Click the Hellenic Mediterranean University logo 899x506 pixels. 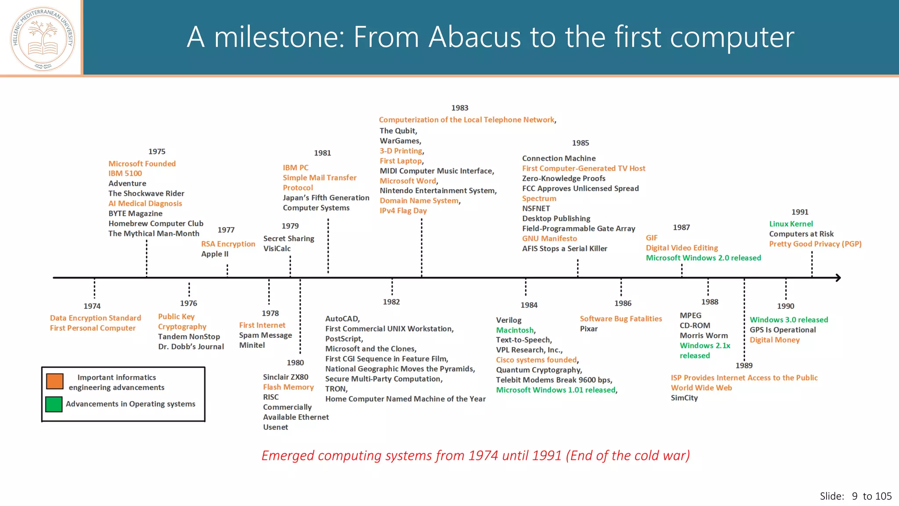pos(43,39)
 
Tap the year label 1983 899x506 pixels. pos(460,108)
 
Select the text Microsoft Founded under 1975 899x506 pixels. pos(142,164)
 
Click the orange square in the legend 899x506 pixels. pos(55,381)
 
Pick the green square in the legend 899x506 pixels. pos(54,404)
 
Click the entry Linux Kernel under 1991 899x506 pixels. pos(791,224)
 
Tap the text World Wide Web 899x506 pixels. pos(701,388)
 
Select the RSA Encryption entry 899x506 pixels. pos(228,244)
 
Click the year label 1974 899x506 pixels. pos(92,306)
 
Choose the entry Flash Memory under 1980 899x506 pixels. pos(288,387)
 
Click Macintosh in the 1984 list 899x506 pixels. pos(515,330)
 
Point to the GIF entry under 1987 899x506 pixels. pos(651,238)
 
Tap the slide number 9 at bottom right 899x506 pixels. pos(854,496)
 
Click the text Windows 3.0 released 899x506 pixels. pos(788,320)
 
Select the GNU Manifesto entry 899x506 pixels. pos(549,239)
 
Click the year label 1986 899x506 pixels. pos(622,304)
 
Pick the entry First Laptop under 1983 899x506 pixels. pos(400,161)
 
